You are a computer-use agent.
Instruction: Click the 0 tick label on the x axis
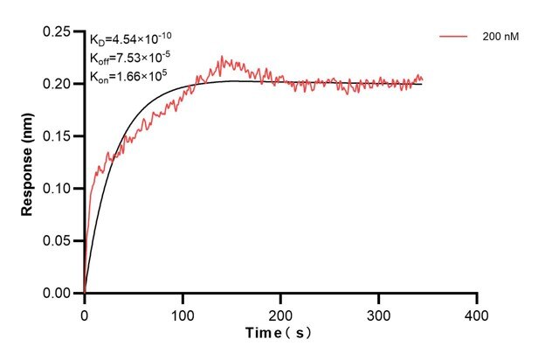[84, 312]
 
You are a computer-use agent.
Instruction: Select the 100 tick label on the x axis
[182, 312]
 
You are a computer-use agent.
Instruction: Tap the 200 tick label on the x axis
[280, 312]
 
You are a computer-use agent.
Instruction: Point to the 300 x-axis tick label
[378, 312]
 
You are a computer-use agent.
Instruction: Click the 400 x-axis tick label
[476, 312]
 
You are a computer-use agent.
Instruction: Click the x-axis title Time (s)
[279, 334]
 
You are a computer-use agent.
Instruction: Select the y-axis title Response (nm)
[28, 163]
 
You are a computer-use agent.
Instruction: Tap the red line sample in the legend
[454, 38]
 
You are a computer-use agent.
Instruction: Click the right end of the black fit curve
[422, 84]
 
